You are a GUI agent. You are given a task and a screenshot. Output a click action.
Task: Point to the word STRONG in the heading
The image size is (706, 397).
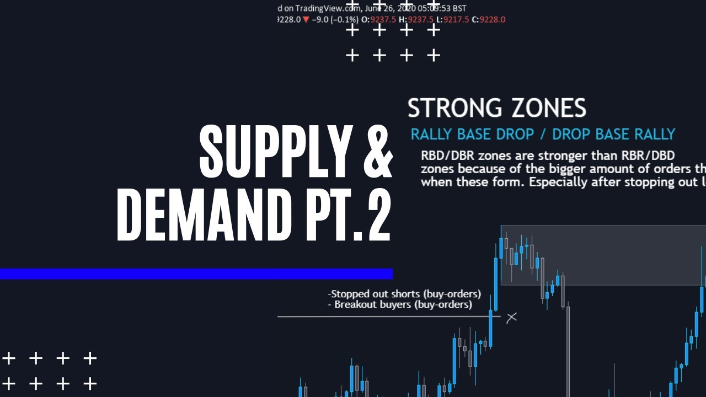click(454, 108)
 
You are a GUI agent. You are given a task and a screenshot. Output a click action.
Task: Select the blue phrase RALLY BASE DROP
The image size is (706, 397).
click(472, 134)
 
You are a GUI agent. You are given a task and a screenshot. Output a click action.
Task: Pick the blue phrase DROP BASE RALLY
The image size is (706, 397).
click(613, 134)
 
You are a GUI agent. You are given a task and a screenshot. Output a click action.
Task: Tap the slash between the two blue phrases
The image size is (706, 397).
click(543, 134)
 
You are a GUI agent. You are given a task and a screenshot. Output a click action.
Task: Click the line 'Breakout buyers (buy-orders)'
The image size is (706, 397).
click(403, 304)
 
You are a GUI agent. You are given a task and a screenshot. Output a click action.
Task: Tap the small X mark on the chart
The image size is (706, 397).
click(512, 317)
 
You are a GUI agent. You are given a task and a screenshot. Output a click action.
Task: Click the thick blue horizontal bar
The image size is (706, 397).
click(196, 273)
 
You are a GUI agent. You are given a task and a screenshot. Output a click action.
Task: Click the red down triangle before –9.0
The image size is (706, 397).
click(306, 19)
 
